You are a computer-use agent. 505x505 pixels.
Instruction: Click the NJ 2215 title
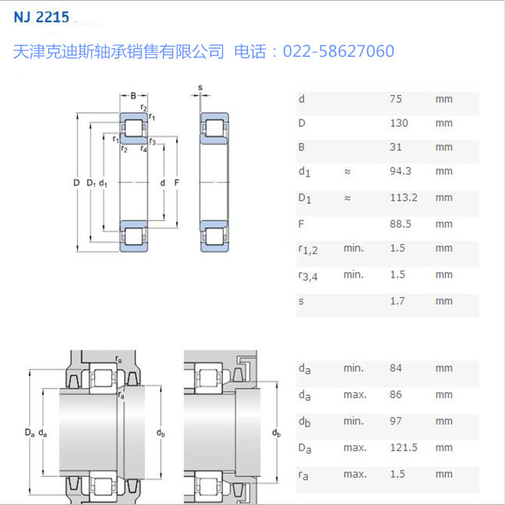click(x=41, y=17)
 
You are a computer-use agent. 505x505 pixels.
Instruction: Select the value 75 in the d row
click(x=396, y=99)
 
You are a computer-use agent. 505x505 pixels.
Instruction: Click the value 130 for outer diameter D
click(x=399, y=123)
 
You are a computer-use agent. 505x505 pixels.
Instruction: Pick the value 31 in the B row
click(x=396, y=147)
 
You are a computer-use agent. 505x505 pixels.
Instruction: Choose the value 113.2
click(x=403, y=198)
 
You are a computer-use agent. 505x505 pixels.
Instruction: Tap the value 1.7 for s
click(x=397, y=301)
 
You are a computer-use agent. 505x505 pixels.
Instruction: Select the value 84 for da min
click(x=396, y=368)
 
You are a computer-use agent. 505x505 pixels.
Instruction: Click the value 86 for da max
click(x=396, y=395)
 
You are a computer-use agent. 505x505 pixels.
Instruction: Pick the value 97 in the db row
click(x=396, y=421)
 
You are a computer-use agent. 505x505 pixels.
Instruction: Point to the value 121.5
click(x=403, y=448)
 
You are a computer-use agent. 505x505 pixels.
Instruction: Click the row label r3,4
click(x=307, y=275)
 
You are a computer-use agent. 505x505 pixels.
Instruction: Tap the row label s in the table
click(x=301, y=301)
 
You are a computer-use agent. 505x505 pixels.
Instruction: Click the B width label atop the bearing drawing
click(x=133, y=95)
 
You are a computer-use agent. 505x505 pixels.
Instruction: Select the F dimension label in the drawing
click(x=177, y=183)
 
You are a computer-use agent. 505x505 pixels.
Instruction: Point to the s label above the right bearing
click(x=200, y=87)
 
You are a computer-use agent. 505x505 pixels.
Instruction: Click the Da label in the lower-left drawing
click(x=29, y=432)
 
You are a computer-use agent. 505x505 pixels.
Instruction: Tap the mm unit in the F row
click(x=444, y=224)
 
